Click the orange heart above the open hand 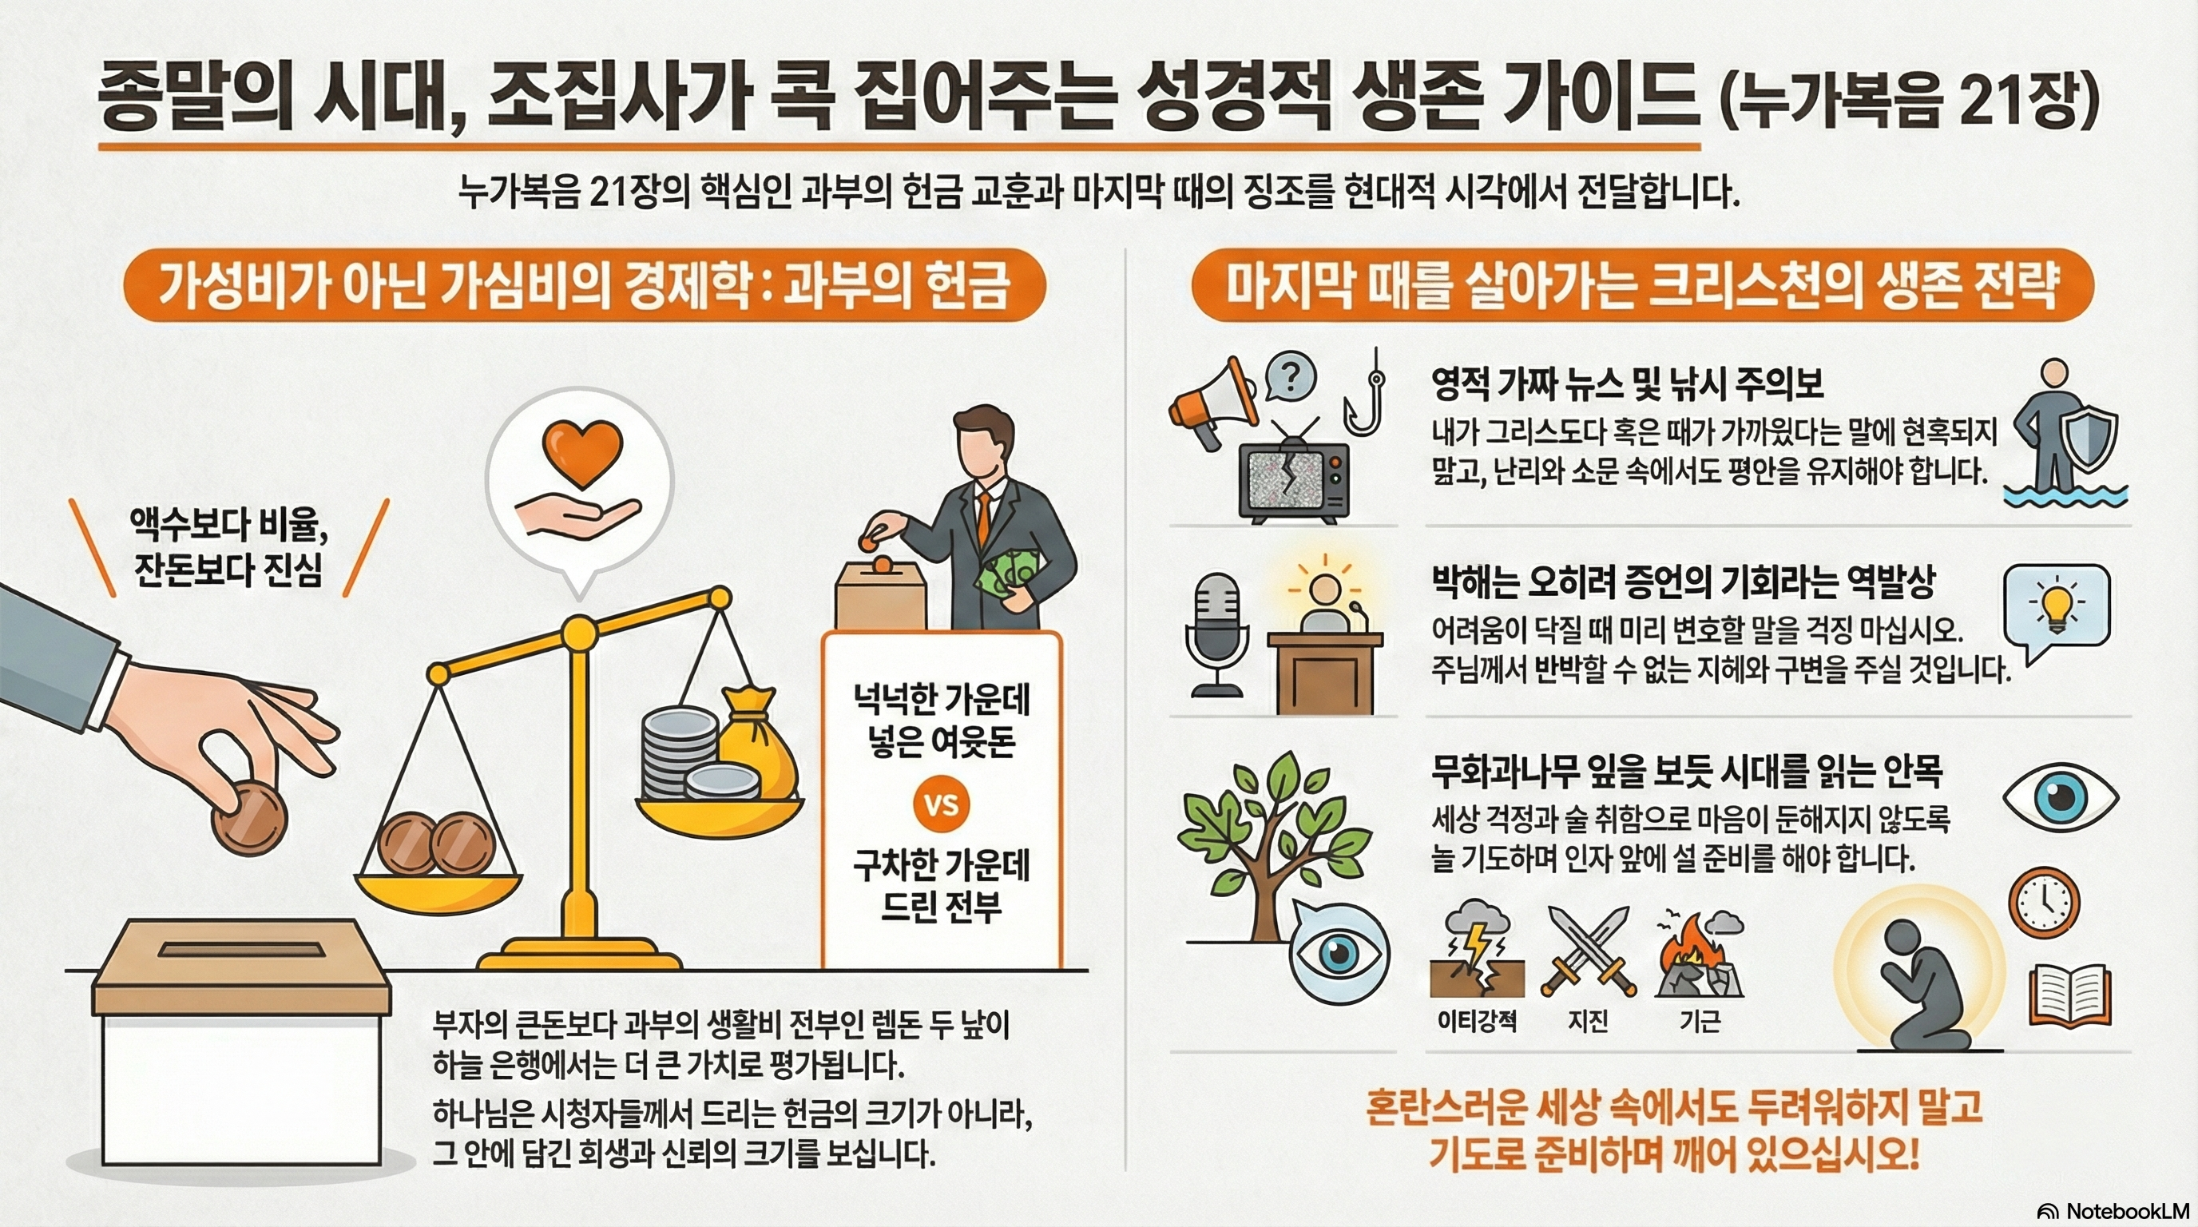pyautogui.click(x=584, y=453)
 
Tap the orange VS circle pyautogui.click(x=941, y=804)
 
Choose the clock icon pyautogui.click(x=2044, y=903)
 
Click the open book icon pyautogui.click(x=2070, y=995)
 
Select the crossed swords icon pyautogui.click(x=1588, y=951)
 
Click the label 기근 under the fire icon pyautogui.click(x=1700, y=1022)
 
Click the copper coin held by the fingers pyautogui.click(x=249, y=817)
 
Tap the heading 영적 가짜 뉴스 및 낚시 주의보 pyautogui.click(x=1627, y=385)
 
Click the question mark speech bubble pyautogui.click(x=1290, y=376)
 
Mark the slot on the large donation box pyautogui.click(x=241, y=949)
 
